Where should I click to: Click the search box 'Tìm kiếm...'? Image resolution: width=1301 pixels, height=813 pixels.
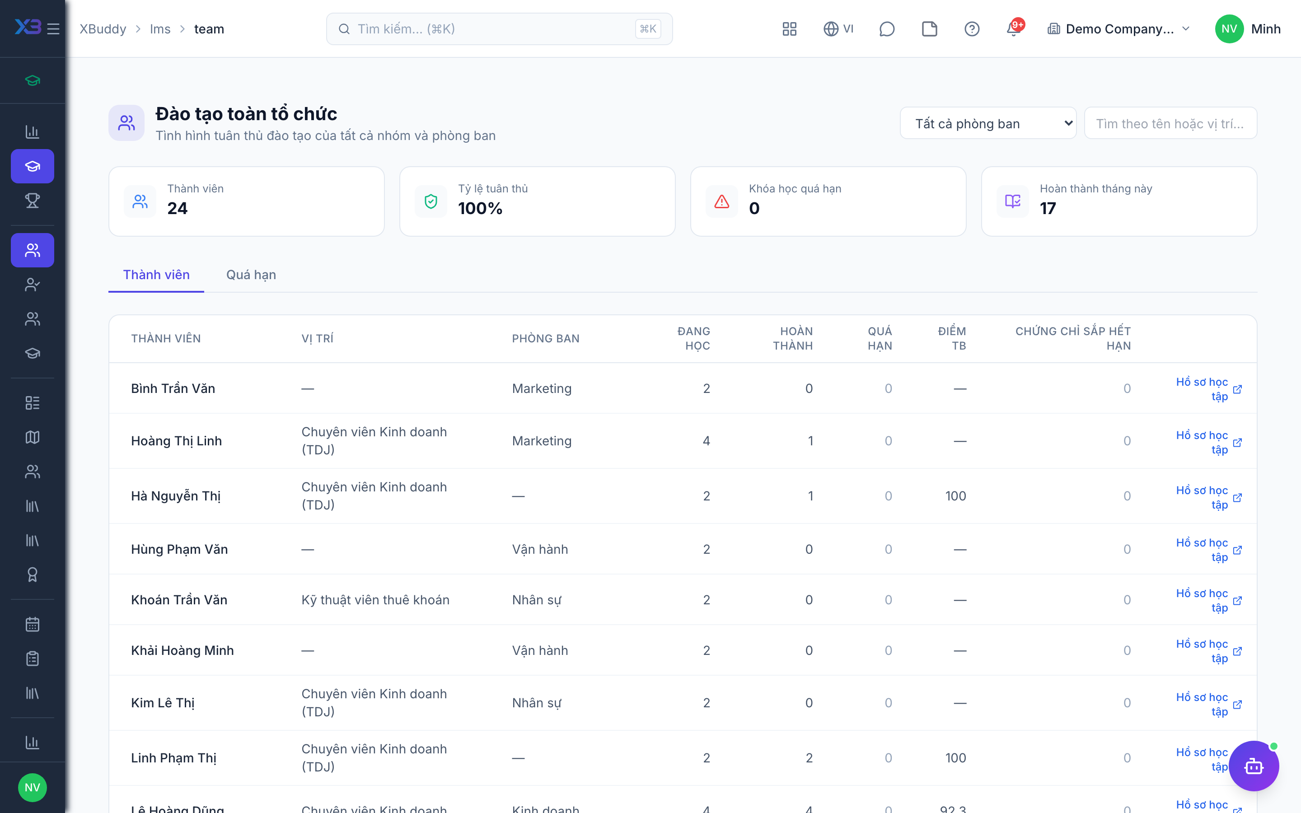point(499,29)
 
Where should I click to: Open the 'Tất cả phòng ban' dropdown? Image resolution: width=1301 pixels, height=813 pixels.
point(988,124)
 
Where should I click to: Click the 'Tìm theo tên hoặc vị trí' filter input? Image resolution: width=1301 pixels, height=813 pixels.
point(1170,124)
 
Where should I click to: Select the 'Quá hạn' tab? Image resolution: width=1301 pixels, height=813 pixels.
point(251,275)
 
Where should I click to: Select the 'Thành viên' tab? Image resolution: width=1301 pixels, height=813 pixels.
point(156,275)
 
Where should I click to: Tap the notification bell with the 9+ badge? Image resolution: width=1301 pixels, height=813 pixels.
point(1014,29)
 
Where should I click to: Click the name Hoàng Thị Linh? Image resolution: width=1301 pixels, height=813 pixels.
point(176,441)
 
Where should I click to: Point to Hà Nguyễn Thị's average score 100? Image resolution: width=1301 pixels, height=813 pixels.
point(955,496)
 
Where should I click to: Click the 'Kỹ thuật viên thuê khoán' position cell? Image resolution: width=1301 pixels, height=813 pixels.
point(375,599)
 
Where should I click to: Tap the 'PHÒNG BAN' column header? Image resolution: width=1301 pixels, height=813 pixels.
point(546,339)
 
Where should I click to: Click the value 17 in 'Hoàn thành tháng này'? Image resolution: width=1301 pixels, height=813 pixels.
point(1048,208)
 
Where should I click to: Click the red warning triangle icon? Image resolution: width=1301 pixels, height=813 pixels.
point(721,201)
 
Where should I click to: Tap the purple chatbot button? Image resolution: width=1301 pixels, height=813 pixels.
point(1254,766)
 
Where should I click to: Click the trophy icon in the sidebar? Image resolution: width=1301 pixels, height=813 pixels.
point(32,201)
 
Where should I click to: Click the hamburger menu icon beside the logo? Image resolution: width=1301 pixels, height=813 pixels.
point(53,29)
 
